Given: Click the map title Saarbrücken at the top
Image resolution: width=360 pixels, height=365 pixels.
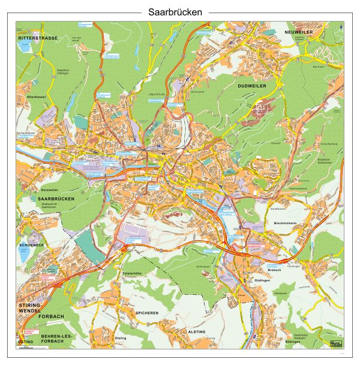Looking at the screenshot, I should point(179,11).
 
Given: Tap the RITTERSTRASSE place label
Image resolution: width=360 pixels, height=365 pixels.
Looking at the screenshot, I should point(38,38).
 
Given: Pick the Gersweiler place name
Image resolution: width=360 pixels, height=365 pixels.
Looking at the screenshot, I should point(50,189).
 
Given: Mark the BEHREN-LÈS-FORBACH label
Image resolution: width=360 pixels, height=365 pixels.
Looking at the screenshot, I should point(56,340).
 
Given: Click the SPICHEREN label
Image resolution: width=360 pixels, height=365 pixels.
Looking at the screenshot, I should point(147,313).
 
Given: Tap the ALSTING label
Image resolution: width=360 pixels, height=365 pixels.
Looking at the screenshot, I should point(197,331).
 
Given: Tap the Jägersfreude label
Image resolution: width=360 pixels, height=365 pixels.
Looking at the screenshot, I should point(155,95).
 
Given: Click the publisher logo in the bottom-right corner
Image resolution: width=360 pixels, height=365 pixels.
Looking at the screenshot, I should point(334,341).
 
